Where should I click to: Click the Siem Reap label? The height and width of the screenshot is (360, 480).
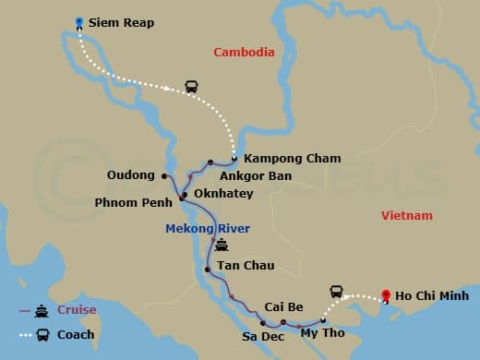pyautogui.click(x=122, y=22)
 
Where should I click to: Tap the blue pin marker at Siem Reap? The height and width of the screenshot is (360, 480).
pyautogui.click(x=79, y=21)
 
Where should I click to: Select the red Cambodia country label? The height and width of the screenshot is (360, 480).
pyautogui.click(x=244, y=53)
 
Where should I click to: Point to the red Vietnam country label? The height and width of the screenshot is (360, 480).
pyautogui.click(x=406, y=215)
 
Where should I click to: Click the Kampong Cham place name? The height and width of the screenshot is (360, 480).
pyautogui.click(x=279, y=158)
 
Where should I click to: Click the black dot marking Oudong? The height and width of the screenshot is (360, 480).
pyautogui.click(x=163, y=175)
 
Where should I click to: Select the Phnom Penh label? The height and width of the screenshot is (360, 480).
pyautogui.click(x=133, y=202)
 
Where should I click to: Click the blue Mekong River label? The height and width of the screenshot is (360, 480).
pyautogui.click(x=208, y=228)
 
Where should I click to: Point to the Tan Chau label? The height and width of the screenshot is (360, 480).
pyautogui.click(x=246, y=267)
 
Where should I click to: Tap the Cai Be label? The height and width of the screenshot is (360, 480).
pyautogui.click(x=280, y=306)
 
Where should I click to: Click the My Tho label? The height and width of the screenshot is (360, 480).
pyautogui.click(x=322, y=332)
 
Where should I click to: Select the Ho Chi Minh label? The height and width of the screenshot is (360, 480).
pyautogui.click(x=431, y=296)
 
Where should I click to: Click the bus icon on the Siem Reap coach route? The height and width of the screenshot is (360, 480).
pyautogui.click(x=192, y=88)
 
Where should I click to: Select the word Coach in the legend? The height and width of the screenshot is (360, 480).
pyautogui.click(x=76, y=334)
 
